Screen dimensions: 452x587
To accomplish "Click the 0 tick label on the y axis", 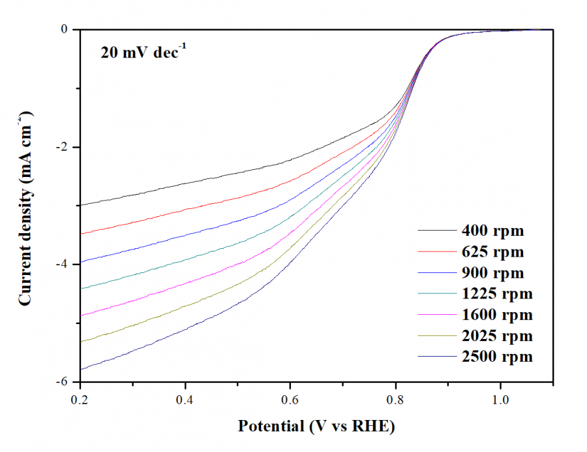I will click(64, 29).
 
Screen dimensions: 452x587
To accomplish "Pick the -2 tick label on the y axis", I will click(61, 147).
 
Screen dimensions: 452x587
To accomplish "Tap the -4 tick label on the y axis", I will click(61, 265).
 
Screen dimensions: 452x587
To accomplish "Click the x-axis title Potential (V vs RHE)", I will click(316, 427).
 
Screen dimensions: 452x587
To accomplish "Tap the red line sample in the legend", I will click(437, 251).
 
